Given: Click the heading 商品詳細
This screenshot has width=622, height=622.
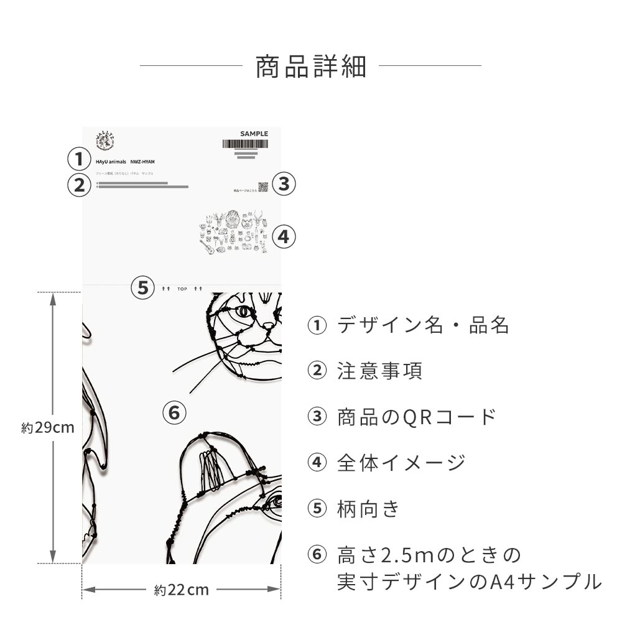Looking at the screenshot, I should (310, 67).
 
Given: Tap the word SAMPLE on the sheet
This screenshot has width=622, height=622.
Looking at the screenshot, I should (254, 134).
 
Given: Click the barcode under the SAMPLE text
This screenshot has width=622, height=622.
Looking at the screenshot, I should (245, 144).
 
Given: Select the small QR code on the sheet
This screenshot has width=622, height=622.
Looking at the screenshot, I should (263, 187).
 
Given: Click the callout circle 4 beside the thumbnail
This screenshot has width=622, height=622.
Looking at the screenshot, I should (284, 236).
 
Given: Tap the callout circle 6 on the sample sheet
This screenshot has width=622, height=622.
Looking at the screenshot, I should (174, 412).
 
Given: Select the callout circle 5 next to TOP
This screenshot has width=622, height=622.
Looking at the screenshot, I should (143, 288).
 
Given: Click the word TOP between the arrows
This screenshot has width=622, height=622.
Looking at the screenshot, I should (182, 289).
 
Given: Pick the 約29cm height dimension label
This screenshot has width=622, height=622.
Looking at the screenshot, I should (48, 428).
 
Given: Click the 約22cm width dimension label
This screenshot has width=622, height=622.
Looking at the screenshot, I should (181, 590).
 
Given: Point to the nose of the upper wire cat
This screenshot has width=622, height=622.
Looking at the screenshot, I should (269, 325).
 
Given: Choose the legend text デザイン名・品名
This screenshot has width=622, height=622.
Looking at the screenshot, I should (423, 325).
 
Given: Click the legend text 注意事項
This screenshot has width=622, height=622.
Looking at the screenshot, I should (379, 371).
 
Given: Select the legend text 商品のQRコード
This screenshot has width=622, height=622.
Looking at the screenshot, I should (417, 417).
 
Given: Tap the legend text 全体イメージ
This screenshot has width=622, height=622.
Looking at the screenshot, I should (401, 463).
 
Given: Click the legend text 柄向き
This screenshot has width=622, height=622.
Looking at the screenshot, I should (368, 509).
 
